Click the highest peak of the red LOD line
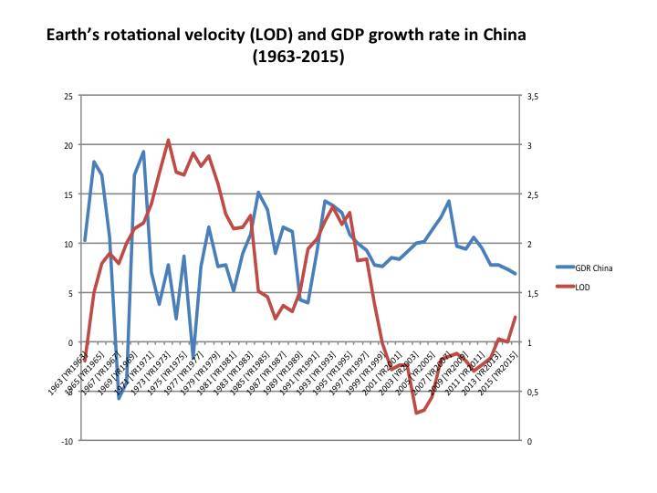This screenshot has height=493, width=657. tap(168, 140)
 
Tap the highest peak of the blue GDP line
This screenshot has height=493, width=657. tap(143, 152)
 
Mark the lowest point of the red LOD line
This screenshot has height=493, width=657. tap(416, 414)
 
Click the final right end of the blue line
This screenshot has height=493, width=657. tap(516, 274)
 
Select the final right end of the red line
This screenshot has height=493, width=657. tap(516, 317)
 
